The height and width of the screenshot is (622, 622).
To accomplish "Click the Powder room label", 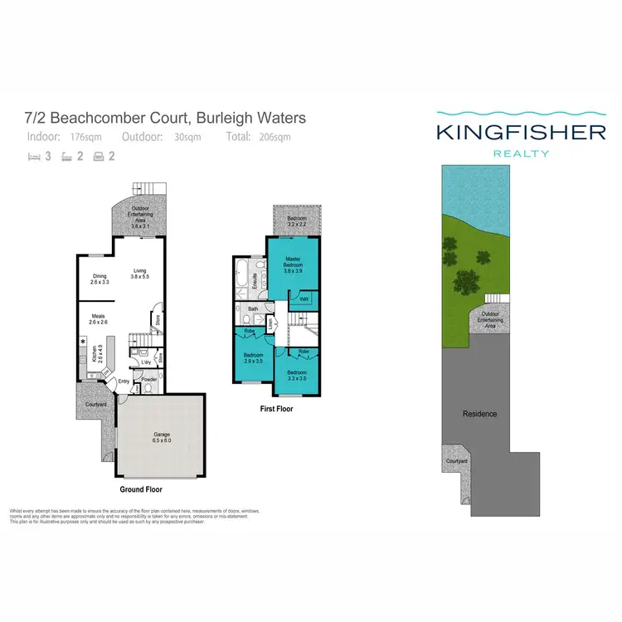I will (149, 380).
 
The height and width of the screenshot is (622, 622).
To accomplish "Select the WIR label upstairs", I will (304, 299).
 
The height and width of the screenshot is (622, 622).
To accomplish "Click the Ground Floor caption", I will (140, 490).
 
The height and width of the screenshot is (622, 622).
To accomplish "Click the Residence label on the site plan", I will (479, 414).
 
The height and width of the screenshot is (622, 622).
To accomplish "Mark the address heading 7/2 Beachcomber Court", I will (167, 119).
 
